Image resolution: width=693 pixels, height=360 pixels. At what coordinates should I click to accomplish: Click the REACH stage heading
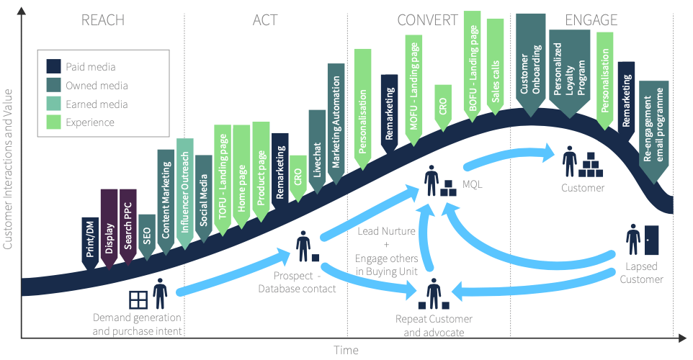(x=104, y=20)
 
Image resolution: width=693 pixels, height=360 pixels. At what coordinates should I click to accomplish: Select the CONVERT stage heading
(x=428, y=20)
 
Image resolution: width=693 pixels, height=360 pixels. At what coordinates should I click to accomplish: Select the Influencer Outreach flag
(x=185, y=191)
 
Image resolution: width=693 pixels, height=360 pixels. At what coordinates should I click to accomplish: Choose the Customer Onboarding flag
(x=531, y=63)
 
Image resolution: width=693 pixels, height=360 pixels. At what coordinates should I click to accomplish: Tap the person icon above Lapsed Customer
(x=633, y=238)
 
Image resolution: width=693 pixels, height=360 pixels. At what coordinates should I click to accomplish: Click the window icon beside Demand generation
(x=138, y=299)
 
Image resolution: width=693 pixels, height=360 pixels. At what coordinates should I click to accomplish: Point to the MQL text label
(x=472, y=184)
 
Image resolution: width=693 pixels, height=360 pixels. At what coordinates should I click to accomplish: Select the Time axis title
(x=346, y=350)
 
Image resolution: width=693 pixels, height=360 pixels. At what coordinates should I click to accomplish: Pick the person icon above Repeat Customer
(x=434, y=294)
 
